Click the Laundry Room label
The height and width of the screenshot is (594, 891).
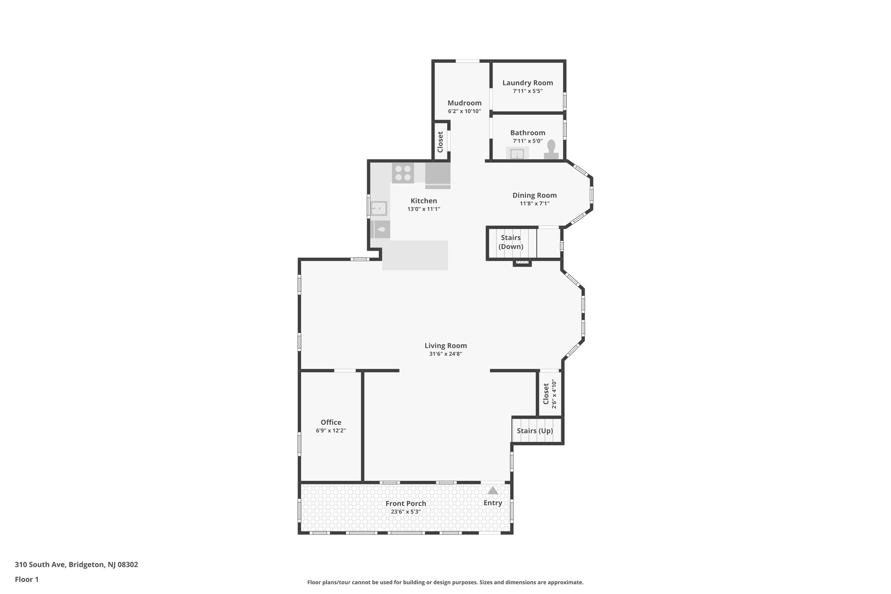(527, 83)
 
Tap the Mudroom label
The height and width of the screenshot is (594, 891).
(464, 103)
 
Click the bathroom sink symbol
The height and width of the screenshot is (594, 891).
(517, 154)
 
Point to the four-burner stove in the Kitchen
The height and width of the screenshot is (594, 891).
(403, 173)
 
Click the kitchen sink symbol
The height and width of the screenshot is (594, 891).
(379, 208)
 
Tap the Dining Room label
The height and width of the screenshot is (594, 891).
(534, 195)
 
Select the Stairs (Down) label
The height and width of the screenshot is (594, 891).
(511, 242)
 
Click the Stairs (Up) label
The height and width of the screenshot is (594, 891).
(535, 431)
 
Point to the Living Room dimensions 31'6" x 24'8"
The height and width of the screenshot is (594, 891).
(445, 354)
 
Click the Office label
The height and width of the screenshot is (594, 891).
(331, 422)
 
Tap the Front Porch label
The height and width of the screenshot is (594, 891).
(405, 503)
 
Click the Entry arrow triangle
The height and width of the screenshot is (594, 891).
(492, 491)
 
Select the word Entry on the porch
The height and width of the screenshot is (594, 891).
(492, 503)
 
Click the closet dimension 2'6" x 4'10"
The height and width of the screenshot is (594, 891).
(554, 395)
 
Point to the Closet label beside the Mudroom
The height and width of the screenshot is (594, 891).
(440, 142)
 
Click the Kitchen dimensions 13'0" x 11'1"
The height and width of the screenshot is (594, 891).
(424, 209)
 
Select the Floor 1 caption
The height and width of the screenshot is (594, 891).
(27, 579)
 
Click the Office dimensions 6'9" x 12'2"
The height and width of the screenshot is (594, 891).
(331, 431)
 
